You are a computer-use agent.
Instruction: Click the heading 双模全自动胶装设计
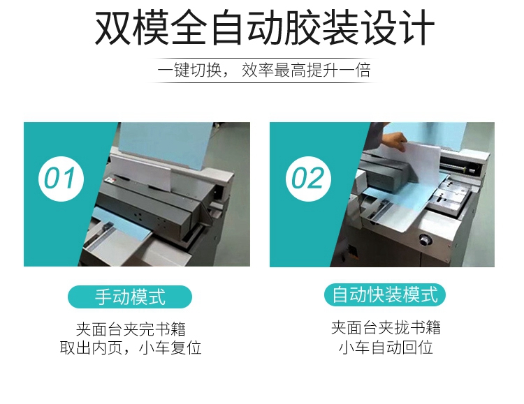pos(265,27)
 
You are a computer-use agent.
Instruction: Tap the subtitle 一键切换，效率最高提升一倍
pos(264,70)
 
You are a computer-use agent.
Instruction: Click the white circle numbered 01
pos(61,179)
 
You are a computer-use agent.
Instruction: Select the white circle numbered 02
pos(308,179)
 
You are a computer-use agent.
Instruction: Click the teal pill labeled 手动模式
pos(130,297)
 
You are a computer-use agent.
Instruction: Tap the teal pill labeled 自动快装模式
pos(385,295)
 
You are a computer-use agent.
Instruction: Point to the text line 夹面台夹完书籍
pos(131,329)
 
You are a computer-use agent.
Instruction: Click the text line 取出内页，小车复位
pos(131,347)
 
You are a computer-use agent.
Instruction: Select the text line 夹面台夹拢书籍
pos(386,327)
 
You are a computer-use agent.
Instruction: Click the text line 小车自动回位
pos(386,347)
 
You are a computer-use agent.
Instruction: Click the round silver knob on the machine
pos(425,239)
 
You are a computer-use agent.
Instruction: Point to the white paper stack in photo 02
pos(424,163)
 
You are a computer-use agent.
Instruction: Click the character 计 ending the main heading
pos(417,27)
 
